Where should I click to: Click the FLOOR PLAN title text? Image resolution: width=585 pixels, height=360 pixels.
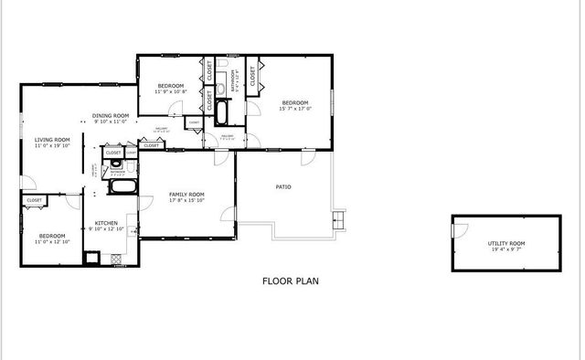[291, 281]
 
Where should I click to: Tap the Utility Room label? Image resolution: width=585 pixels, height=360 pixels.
[505, 243]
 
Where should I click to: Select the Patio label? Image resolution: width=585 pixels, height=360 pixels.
[283, 187]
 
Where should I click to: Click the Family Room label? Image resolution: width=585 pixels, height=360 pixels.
[186, 195]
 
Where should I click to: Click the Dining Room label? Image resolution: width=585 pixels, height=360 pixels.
[111, 116]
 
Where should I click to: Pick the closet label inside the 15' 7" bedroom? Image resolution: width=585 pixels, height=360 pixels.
[253, 77]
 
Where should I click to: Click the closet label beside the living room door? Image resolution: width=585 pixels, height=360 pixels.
[35, 200]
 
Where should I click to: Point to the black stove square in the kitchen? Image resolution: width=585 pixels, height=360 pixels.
[92, 258]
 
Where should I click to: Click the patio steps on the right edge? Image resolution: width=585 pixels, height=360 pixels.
[340, 219]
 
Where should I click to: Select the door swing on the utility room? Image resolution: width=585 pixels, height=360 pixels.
[460, 229]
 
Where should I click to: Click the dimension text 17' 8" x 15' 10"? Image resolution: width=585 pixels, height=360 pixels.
[186, 201]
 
